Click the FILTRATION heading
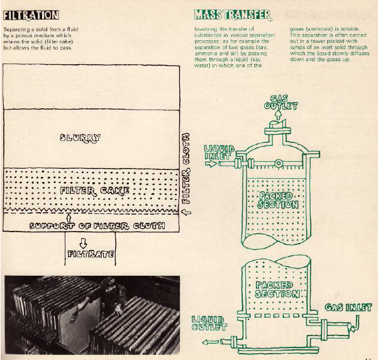pos(31,14)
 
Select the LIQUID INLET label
pos(220,152)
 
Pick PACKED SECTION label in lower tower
pos(275,290)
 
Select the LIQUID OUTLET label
pos(208,323)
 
